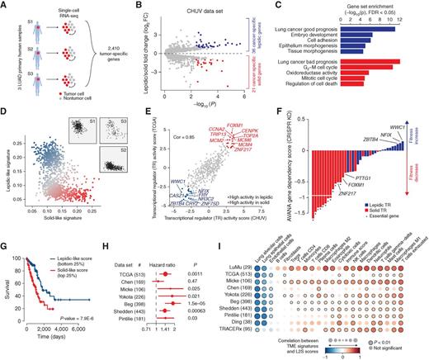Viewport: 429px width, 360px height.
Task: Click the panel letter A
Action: point(5,6)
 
